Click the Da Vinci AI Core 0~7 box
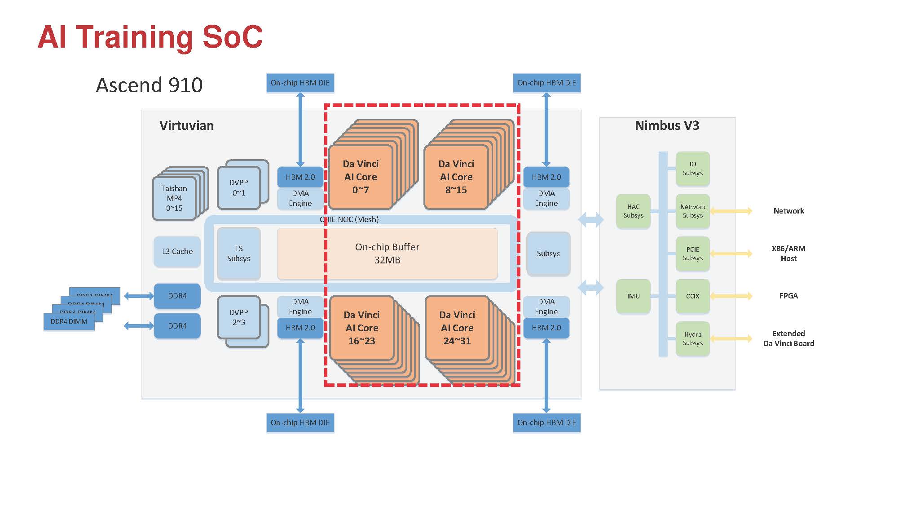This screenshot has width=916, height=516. [x=361, y=177]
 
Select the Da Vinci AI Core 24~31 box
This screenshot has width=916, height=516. [x=457, y=328]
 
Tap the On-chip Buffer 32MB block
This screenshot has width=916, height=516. [x=387, y=254]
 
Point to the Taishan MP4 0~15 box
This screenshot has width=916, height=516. [x=174, y=198]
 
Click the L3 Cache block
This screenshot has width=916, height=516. [x=177, y=252]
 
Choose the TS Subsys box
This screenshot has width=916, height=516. [x=238, y=254]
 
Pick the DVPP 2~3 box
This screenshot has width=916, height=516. [x=239, y=317]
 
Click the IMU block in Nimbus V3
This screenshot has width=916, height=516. [x=633, y=296]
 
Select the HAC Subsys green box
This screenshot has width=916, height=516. [x=633, y=211]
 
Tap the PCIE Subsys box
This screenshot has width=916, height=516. [x=692, y=254]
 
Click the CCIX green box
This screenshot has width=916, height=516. [x=692, y=296]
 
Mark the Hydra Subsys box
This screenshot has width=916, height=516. [x=692, y=338]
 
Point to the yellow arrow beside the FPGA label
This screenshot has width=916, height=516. [x=731, y=296]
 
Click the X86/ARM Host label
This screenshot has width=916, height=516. [x=788, y=254]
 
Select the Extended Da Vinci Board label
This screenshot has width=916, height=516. [x=788, y=338]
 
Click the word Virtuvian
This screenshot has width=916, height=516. [x=186, y=125]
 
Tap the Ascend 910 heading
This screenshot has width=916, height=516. [x=149, y=85]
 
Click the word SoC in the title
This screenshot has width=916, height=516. [x=232, y=37]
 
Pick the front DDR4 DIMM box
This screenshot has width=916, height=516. [x=69, y=322]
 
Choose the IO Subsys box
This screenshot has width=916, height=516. [x=692, y=169]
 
